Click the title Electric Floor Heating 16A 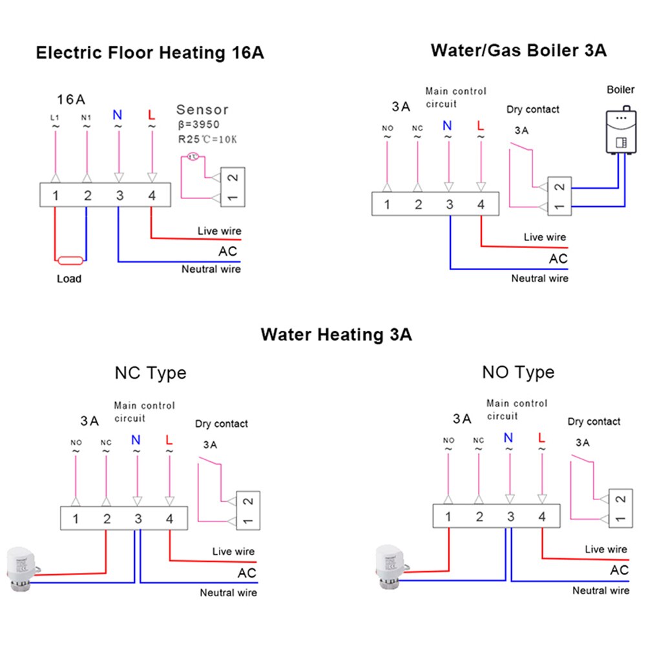tap(150, 52)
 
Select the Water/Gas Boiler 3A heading tap(519, 50)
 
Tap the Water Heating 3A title tap(336, 335)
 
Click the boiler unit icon tap(621, 131)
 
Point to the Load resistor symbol tap(69, 261)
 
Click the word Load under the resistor tap(69, 278)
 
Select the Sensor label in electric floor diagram tap(202, 110)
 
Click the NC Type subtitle tap(150, 373)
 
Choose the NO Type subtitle tap(518, 372)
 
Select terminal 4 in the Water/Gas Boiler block tap(481, 205)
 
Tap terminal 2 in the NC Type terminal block tap(107, 518)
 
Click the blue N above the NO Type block tap(508, 438)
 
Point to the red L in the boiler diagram tap(479, 125)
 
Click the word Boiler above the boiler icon tap(621, 89)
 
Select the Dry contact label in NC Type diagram tap(222, 424)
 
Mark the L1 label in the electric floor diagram tap(56, 117)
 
